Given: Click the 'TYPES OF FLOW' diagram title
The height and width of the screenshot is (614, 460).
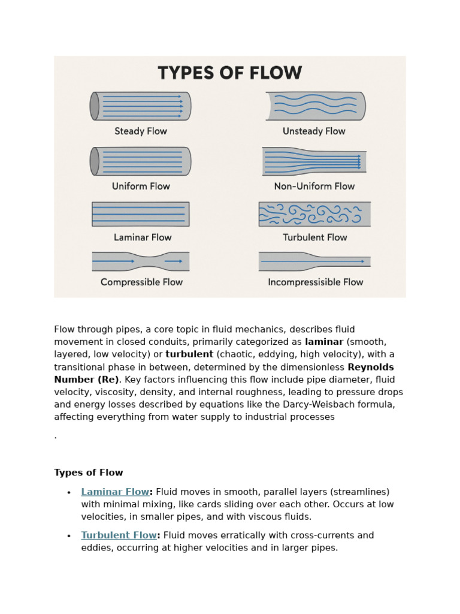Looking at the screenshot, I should click(x=229, y=73).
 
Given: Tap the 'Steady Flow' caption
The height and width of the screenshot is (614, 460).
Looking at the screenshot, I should click(x=141, y=131).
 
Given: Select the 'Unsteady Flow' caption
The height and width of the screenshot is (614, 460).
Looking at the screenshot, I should click(x=314, y=131).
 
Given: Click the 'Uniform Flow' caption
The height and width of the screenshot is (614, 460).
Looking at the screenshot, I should click(x=141, y=186).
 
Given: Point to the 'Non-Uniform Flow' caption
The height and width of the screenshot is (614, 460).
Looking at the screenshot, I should click(x=314, y=186).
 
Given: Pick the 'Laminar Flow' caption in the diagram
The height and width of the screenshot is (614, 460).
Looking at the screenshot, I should click(x=143, y=237).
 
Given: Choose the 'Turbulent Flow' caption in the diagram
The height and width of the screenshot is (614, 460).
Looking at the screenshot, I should click(x=314, y=237).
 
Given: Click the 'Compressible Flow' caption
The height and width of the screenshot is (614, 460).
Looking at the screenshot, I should click(x=141, y=282).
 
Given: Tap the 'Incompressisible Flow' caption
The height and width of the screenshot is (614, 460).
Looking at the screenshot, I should click(x=315, y=282).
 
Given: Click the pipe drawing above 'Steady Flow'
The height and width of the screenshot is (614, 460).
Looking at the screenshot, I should click(x=141, y=106).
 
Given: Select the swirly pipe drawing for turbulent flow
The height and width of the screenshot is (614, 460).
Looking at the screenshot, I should click(x=314, y=214).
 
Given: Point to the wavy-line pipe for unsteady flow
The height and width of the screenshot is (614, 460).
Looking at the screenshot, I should click(x=315, y=106).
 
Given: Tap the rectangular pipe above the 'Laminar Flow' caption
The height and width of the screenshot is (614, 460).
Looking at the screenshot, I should click(x=141, y=214).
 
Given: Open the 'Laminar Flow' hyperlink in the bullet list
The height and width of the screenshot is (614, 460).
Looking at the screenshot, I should click(x=115, y=492).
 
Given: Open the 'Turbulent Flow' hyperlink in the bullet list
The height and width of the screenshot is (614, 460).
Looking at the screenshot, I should click(x=119, y=535).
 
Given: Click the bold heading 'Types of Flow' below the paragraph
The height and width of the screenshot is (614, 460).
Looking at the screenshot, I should click(x=88, y=472).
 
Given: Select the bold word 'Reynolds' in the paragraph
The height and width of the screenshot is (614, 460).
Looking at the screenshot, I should click(x=371, y=367).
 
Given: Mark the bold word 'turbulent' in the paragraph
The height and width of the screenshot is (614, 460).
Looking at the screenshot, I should click(x=189, y=354).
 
